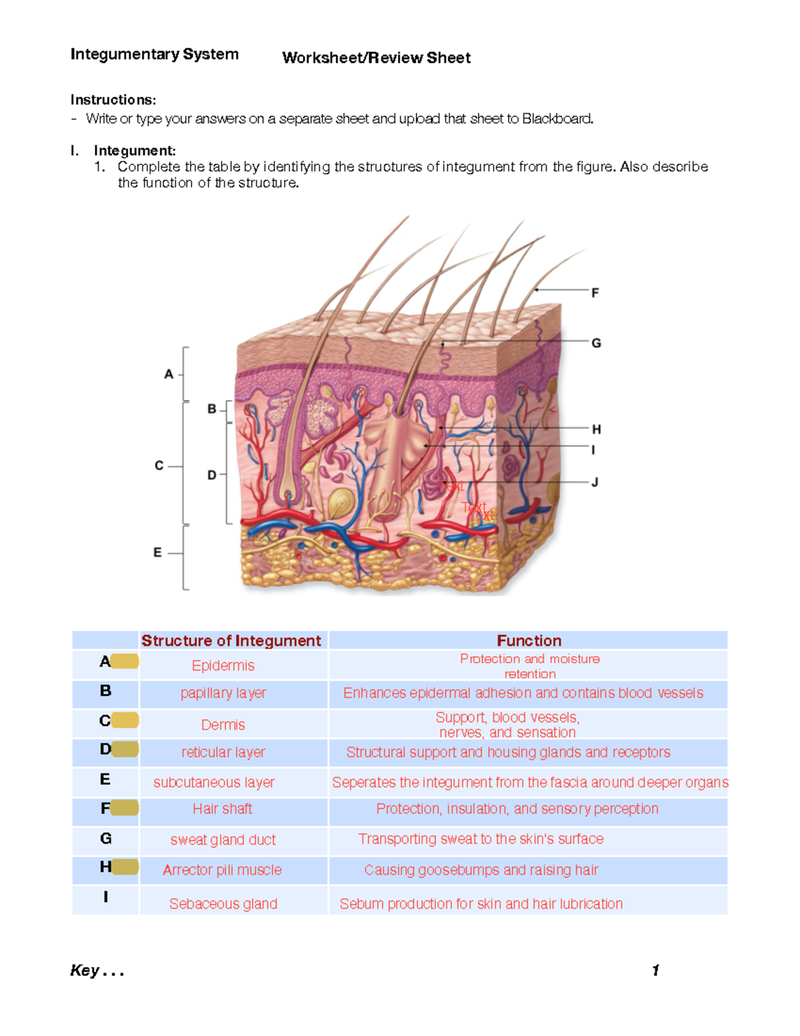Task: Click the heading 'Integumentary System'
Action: coord(154,54)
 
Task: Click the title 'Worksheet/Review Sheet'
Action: coord(376,58)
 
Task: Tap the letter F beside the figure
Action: coord(595,292)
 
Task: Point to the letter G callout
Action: coord(596,343)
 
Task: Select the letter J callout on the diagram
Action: coord(595,482)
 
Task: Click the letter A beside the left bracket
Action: coord(169,374)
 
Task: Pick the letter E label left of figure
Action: coord(157,552)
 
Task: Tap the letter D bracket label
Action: coord(212,475)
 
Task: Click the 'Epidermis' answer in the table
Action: coord(223,665)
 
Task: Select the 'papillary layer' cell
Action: coord(223,693)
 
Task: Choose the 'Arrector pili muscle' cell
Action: coord(222,870)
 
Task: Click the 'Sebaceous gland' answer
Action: coord(223,904)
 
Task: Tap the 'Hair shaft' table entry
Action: coord(222,809)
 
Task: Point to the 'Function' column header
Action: coord(529,640)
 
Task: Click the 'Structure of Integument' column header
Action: coord(231,640)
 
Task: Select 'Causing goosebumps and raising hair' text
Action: coord(481,870)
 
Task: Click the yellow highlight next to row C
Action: coord(125,720)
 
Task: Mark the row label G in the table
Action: coord(105,839)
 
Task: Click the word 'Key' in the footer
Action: coord(85,970)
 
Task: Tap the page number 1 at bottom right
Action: coord(655,970)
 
